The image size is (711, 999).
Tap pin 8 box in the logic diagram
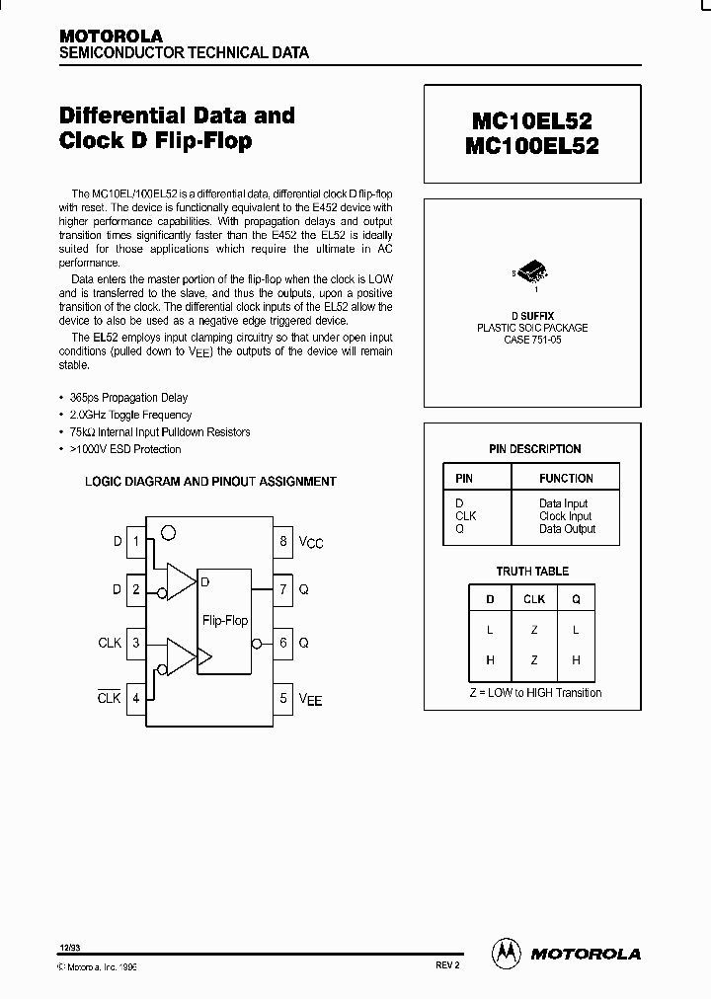[x=283, y=541]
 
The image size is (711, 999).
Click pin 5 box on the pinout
[x=283, y=699]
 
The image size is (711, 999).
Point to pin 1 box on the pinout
[x=136, y=541]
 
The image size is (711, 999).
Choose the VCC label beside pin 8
[x=311, y=542]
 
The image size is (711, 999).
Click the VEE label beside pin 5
[x=311, y=700]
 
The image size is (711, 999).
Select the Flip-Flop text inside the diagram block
[x=225, y=621]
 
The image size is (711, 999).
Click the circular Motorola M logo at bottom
[x=506, y=952]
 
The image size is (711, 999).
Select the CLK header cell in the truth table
[x=534, y=598]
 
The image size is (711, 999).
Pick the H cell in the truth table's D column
[x=490, y=660]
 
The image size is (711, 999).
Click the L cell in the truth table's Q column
[x=577, y=630]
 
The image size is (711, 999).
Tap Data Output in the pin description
[x=567, y=529]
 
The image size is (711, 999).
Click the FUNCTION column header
[x=566, y=478]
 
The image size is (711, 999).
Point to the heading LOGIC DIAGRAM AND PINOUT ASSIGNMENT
[x=210, y=482]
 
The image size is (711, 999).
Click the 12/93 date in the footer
[x=69, y=948]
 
